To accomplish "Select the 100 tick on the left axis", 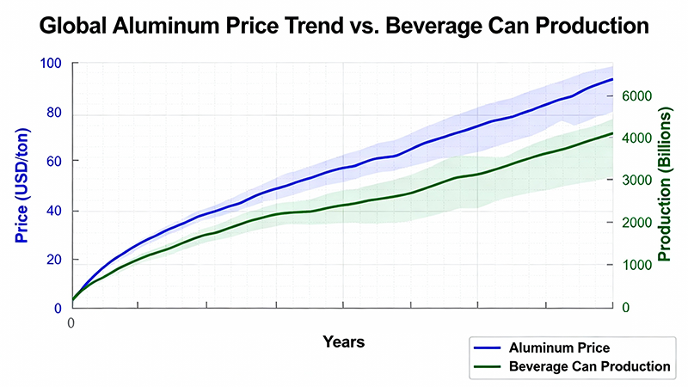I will [x=52, y=64].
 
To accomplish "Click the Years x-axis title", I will [x=343, y=341].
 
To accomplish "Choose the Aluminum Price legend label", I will [x=559, y=348].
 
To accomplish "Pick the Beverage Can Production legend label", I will [x=589, y=366].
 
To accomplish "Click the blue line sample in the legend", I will [x=488, y=348].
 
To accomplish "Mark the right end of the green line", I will [x=612, y=133].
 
